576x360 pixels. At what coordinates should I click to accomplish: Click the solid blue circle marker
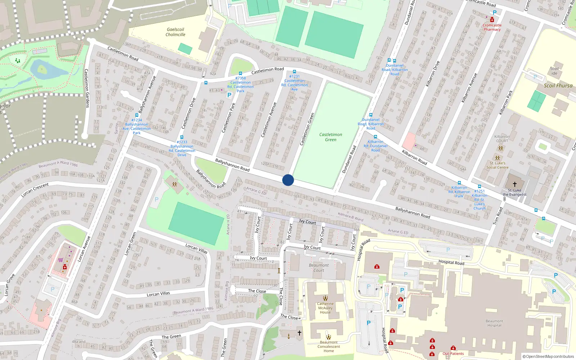click(288, 180)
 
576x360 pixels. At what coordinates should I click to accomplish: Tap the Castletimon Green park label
click(330, 137)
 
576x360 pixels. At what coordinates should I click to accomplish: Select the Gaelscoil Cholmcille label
click(175, 32)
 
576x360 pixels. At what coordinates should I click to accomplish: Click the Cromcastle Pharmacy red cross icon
click(492, 20)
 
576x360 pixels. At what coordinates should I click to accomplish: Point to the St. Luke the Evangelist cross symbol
click(514, 184)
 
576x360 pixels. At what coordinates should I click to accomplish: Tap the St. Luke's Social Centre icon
click(497, 158)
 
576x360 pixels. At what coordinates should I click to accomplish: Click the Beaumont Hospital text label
click(494, 323)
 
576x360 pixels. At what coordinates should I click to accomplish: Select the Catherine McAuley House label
click(325, 308)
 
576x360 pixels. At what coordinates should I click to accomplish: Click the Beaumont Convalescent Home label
click(328, 346)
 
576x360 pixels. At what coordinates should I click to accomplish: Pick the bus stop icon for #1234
click(136, 115)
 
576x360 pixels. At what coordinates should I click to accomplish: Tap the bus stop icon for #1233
click(181, 137)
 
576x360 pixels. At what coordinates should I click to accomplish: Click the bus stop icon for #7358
click(240, 73)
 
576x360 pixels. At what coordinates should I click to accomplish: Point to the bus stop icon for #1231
click(294, 72)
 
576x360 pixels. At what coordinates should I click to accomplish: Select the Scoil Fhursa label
click(558, 86)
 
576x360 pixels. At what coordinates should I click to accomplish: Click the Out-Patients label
click(453, 354)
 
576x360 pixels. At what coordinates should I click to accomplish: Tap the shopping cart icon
click(60, 260)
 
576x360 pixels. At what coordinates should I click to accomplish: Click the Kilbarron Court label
click(502, 139)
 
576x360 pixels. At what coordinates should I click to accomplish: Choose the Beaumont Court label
click(319, 268)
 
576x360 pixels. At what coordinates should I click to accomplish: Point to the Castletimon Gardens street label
click(86, 88)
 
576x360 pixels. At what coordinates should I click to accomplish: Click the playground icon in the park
click(18, 61)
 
